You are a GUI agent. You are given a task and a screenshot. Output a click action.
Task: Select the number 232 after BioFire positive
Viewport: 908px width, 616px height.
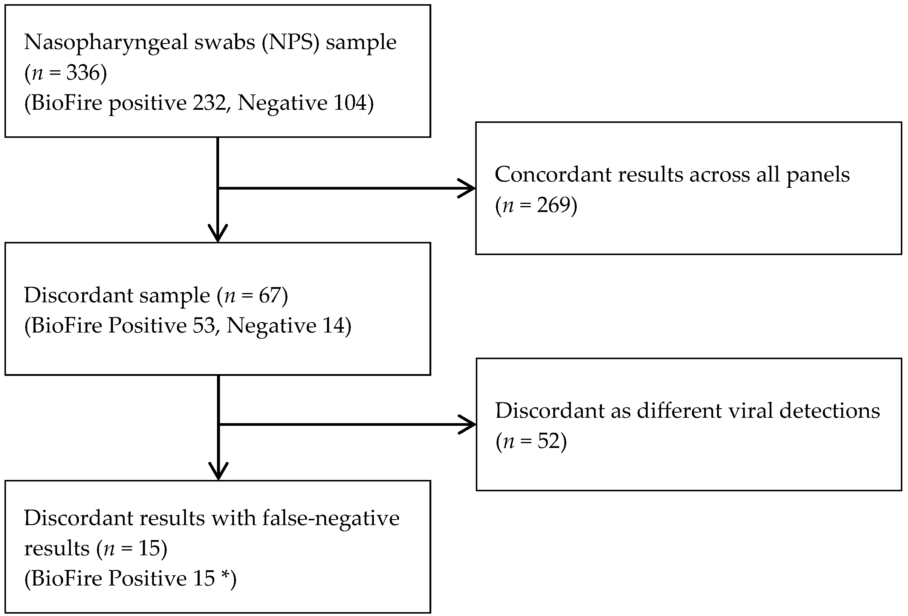pos(209,103)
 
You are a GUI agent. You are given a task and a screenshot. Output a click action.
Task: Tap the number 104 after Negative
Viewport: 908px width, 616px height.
pos(350,103)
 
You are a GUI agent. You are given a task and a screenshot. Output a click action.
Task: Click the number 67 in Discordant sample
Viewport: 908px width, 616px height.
pos(270,295)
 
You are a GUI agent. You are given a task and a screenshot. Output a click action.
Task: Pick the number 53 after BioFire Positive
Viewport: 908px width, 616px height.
pos(204,326)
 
